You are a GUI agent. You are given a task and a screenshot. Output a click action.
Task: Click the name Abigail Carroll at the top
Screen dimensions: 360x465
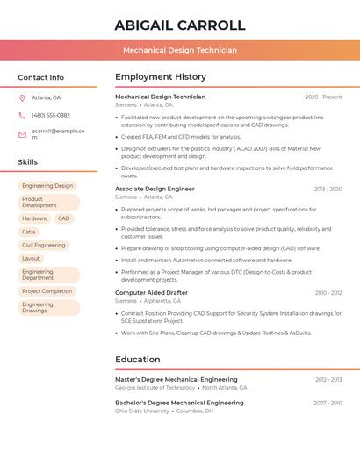click(180, 25)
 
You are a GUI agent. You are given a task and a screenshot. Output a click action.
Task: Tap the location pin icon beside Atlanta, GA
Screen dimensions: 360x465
click(22, 97)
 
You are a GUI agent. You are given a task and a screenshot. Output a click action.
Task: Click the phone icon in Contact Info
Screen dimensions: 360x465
click(22, 115)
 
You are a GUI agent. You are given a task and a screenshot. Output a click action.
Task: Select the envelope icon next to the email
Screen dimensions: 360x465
click(22, 133)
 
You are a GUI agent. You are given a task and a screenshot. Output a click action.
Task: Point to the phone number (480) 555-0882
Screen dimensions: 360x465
click(50, 115)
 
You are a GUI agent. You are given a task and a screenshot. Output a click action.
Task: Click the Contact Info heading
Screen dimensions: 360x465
click(40, 77)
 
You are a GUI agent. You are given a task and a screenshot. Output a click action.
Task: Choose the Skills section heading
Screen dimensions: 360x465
click(27, 162)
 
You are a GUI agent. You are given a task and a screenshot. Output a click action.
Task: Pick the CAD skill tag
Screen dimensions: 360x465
click(64, 218)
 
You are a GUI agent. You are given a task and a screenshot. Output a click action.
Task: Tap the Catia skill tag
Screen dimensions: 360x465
click(29, 232)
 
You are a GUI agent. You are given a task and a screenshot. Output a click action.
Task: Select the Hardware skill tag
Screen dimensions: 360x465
click(34, 218)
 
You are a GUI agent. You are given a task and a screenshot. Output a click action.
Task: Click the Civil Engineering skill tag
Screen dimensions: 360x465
click(44, 246)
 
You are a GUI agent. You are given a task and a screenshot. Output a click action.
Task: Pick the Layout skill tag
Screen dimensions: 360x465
click(31, 259)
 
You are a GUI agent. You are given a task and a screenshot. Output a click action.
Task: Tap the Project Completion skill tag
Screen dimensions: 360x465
click(47, 291)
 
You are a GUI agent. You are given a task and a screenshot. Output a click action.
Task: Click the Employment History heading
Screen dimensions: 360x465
click(161, 77)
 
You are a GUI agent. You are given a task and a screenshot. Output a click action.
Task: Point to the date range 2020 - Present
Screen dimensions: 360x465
click(323, 97)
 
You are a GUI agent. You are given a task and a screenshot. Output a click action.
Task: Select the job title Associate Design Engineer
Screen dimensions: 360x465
click(155, 189)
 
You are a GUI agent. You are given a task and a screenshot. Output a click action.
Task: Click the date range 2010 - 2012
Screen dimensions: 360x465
click(328, 293)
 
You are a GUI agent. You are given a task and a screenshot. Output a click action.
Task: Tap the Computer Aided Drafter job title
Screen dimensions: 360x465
click(151, 293)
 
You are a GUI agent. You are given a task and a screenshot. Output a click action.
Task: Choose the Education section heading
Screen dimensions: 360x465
click(138, 360)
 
